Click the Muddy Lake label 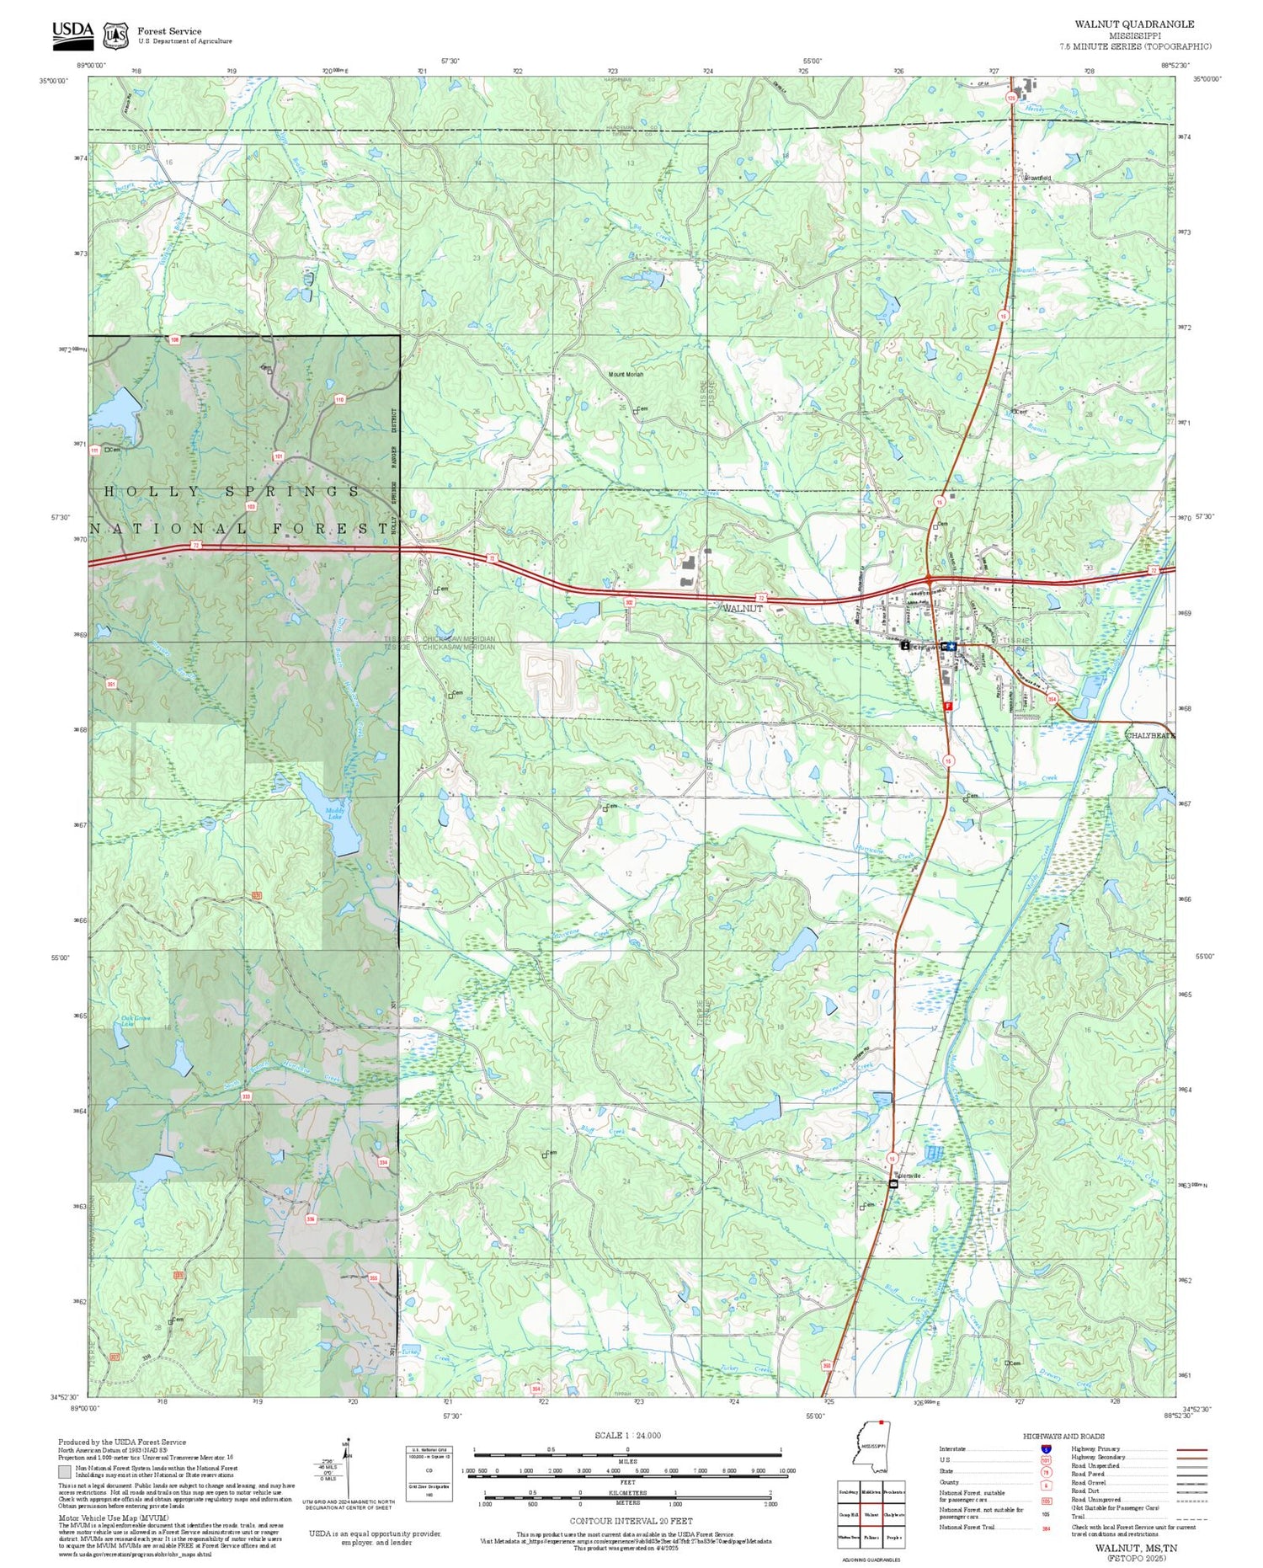[x=335, y=814]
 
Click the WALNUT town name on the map [x=743, y=608]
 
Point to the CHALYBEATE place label [x=1150, y=735]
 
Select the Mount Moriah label [x=626, y=374]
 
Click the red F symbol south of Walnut [x=949, y=706]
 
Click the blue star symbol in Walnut [x=950, y=646]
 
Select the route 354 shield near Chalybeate [x=1052, y=699]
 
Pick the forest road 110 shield [x=338, y=399]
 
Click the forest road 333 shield [x=246, y=1096]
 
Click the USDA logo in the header [x=73, y=32]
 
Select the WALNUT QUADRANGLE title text [x=1134, y=24]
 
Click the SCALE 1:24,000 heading [x=627, y=1435]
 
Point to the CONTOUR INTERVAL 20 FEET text [x=631, y=1521]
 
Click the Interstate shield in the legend [x=1045, y=1448]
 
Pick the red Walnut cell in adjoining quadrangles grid [x=871, y=1514]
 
